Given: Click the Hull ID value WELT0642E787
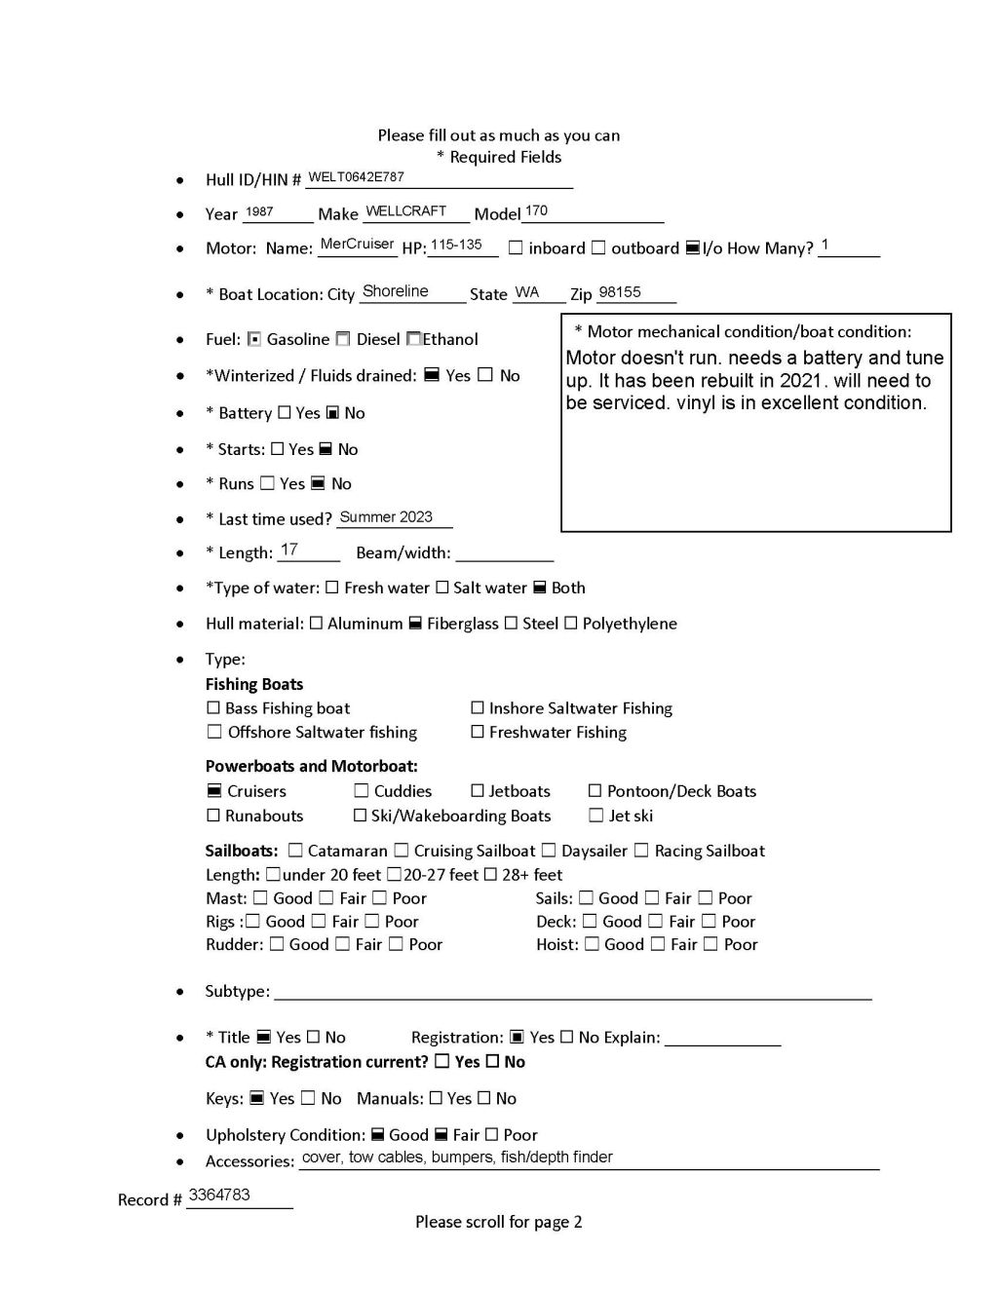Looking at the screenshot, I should tap(356, 177).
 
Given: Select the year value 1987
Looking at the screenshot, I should tap(259, 211).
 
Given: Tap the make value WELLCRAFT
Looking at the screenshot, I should tap(405, 211).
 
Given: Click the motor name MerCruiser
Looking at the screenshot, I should tap(357, 245).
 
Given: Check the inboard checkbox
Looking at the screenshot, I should tap(516, 248).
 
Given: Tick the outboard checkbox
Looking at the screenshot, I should tap(598, 248).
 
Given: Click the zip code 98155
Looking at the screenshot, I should tap(620, 292).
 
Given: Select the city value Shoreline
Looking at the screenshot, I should tap(395, 291).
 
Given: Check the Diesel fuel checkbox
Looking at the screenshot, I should tap(343, 339).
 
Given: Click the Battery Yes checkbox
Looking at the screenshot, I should tap(285, 413).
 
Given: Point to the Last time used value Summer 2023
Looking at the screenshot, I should tap(386, 517).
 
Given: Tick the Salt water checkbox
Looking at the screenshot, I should tap(442, 588).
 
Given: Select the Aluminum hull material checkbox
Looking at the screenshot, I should tap(316, 624).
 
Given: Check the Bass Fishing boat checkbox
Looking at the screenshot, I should tap(213, 708).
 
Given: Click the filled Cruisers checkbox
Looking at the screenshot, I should tap(214, 791).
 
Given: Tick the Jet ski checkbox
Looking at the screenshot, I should tap(596, 816).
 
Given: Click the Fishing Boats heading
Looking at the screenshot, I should tap(254, 684).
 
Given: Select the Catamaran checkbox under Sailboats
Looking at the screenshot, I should tap(296, 851).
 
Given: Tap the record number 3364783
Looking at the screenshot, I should tap(219, 1195).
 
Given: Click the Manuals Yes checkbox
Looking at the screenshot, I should tap(436, 1098).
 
